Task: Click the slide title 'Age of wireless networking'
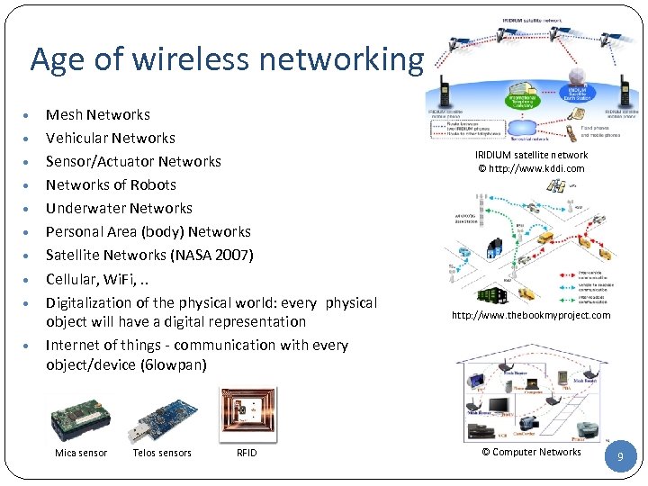click(226, 59)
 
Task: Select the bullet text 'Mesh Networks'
click(97, 114)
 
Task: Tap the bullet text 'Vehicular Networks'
click(110, 138)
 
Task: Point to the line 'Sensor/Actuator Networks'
click(133, 161)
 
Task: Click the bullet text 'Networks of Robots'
click(111, 184)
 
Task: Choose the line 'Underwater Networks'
click(119, 208)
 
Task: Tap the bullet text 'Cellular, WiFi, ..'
click(97, 278)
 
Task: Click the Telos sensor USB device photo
click(161, 415)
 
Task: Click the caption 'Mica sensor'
click(81, 453)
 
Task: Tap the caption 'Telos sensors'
click(162, 453)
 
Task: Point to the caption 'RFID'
click(247, 453)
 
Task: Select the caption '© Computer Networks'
click(531, 452)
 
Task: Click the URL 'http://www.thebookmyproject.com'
click(531, 315)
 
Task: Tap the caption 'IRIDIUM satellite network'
click(531, 155)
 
